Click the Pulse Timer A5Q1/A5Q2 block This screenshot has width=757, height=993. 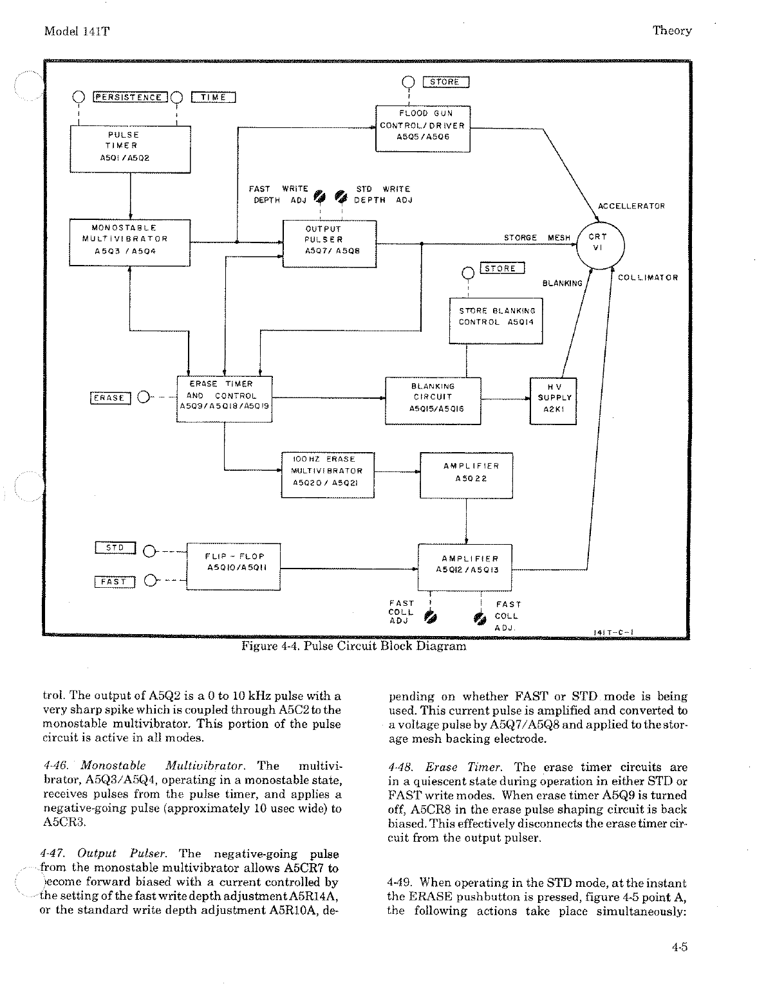click(130, 149)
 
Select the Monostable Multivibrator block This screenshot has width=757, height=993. click(130, 242)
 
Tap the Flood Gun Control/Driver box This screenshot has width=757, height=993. click(422, 128)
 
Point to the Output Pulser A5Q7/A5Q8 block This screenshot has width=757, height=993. click(330, 243)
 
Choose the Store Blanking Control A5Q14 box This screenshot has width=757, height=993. click(496, 320)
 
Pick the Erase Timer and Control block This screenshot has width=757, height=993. click(224, 399)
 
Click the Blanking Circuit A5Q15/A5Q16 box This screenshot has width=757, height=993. click(433, 401)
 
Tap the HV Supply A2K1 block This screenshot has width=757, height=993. click(553, 401)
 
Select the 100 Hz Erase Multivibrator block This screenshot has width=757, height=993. click(328, 475)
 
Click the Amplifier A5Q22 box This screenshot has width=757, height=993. click(466, 475)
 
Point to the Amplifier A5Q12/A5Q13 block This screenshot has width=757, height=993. click(465, 567)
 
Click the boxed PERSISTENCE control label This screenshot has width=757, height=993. click(130, 97)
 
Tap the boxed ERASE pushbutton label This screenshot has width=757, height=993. click(110, 398)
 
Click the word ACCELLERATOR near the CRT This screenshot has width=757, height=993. click(631, 206)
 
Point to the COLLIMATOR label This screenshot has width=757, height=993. click(648, 278)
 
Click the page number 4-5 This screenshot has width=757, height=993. click(679, 946)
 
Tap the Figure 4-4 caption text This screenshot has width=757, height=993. click(353, 646)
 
